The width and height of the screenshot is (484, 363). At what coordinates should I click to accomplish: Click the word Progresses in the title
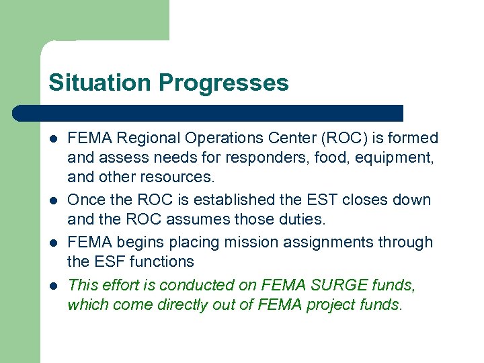pos(224,83)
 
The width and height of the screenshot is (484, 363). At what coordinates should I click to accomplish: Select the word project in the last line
pos(333,305)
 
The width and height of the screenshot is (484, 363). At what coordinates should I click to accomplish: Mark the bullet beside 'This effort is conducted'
pos(53,285)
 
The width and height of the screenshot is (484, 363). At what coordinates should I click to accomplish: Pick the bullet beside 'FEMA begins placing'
pos(53,243)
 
